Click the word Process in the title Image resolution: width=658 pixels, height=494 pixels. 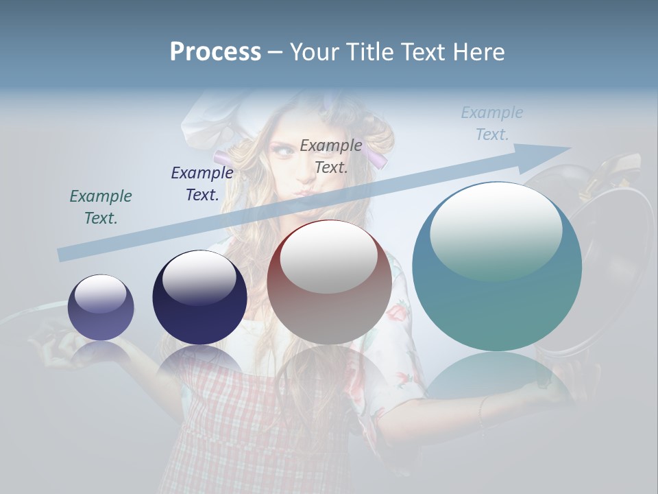tap(215, 52)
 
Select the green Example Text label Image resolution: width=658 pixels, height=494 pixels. tap(101, 207)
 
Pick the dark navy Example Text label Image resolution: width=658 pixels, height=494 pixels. tap(202, 183)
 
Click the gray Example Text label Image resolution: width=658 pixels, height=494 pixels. tap(331, 156)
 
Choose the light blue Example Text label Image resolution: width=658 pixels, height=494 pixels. tap(491, 123)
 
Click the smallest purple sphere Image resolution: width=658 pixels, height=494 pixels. tap(101, 307)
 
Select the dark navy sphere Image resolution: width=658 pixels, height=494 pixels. tap(199, 297)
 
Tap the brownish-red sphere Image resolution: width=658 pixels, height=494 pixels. tap(329, 282)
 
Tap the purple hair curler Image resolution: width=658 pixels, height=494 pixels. tap(376, 159)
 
